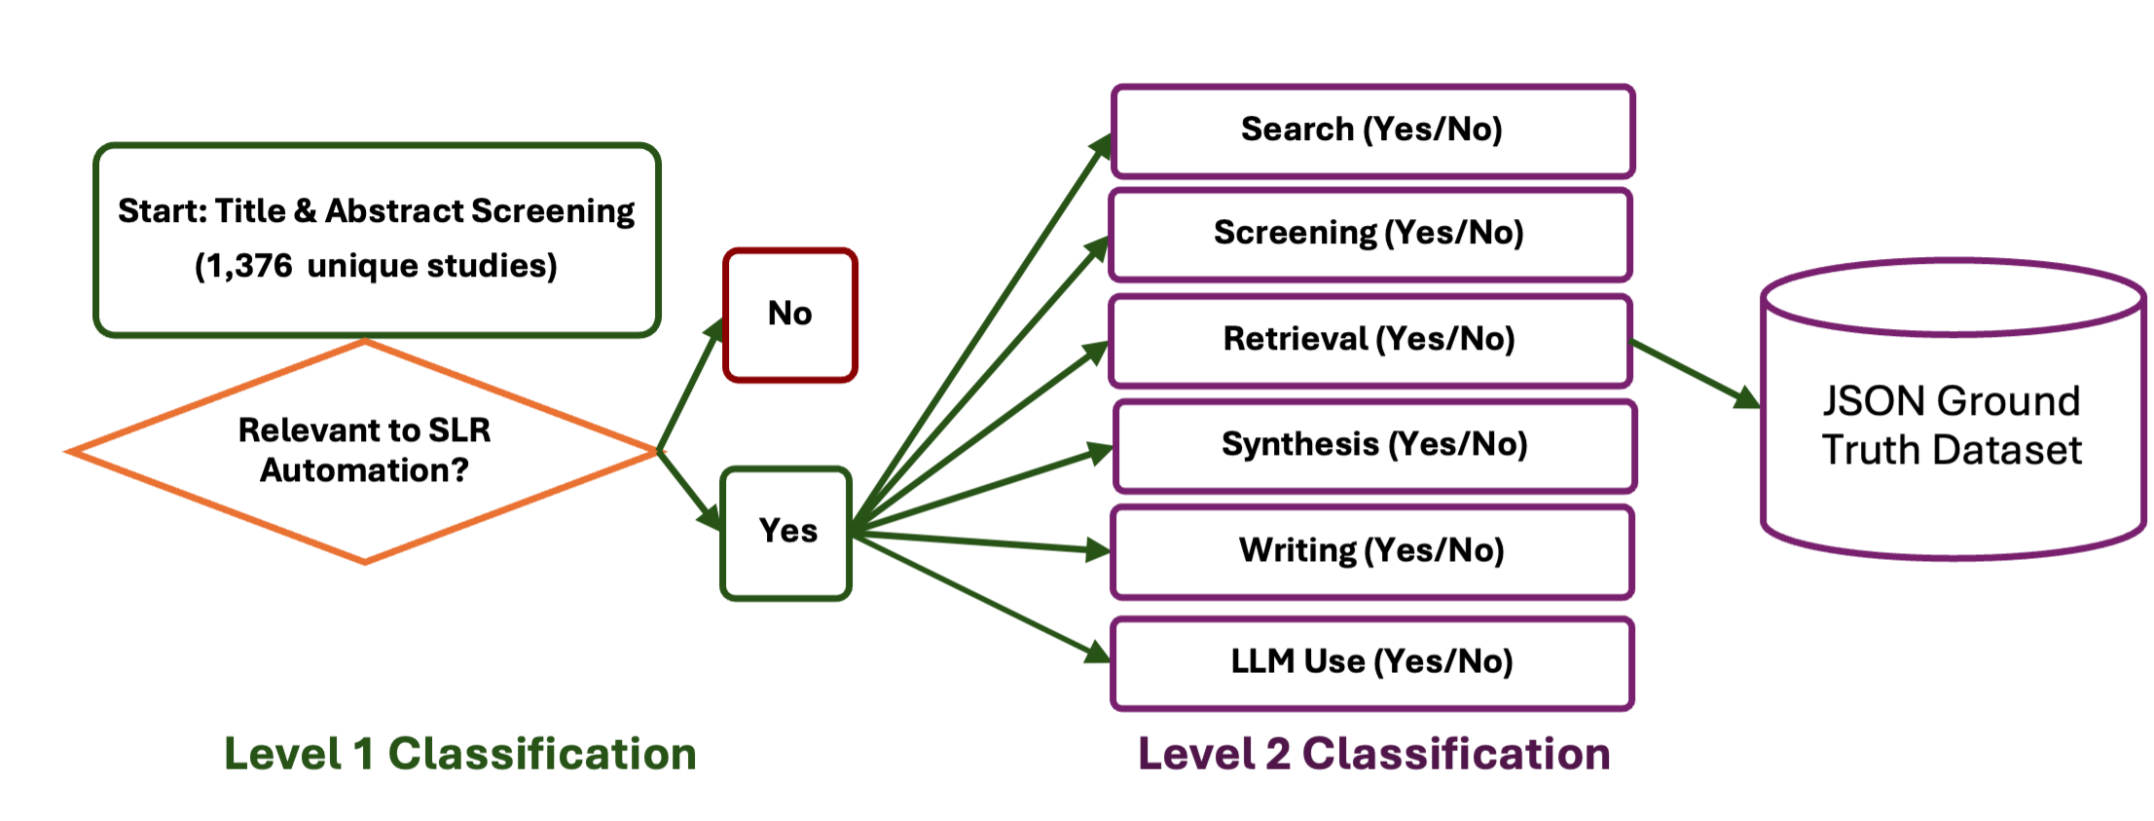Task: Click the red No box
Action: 789,315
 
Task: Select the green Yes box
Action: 786,532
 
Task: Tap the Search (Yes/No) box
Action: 1371,131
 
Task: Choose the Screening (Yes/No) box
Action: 1369,234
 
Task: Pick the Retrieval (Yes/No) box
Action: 1369,340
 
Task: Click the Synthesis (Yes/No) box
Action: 1373,445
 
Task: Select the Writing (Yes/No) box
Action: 1371,551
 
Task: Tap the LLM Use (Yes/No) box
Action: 1371,662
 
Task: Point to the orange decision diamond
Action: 364,451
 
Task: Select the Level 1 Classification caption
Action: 459,755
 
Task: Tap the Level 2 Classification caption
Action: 1373,755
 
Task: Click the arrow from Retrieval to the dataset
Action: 1694,373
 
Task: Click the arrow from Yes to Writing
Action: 983,541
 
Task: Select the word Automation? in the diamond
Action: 364,471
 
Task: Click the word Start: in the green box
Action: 162,211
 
